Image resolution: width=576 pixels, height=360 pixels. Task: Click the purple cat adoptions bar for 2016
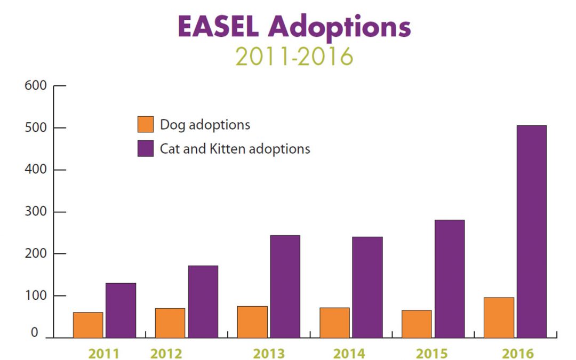click(x=531, y=231)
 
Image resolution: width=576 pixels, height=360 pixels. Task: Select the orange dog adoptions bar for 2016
click(x=499, y=317)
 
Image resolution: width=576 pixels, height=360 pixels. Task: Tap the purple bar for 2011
click(x=121, y=310)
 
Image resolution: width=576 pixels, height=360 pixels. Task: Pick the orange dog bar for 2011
click(x=88, y=325)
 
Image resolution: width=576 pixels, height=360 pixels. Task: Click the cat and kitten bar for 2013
click(x=285, y=286)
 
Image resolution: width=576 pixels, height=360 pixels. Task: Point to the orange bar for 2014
click(x=334, y=323)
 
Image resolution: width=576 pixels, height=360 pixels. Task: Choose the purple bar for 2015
click(x=449, y=278)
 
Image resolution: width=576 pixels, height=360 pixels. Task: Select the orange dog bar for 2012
click(x=170, y=323)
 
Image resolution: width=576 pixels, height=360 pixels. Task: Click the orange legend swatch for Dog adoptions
click(x=145, y=124)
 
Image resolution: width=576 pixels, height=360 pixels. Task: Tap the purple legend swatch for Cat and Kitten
click(x=145, y=148)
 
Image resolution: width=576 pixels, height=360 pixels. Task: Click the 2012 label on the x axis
click(x=166, y=354)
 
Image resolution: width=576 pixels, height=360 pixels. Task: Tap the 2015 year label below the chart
click(x=431, y=354)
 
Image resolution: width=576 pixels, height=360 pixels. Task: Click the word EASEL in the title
click(x=218, y=27)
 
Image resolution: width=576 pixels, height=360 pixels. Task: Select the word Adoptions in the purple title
click(x=340, y=27)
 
